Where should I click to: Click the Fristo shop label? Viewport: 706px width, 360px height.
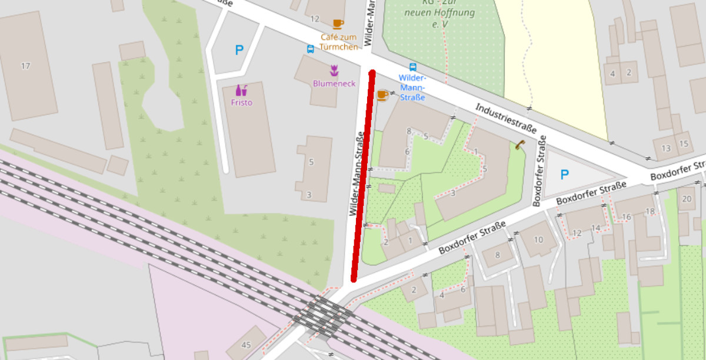242,102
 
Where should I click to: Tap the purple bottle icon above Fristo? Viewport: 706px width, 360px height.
241,90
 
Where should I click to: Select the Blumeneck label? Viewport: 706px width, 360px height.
334,84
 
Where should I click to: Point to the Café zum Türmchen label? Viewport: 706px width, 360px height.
339,41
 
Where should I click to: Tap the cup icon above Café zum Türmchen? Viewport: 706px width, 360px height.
338,24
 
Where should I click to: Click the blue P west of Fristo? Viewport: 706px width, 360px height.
239,51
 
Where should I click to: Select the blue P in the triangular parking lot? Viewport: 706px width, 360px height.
564,175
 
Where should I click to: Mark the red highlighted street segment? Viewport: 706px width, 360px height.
363,176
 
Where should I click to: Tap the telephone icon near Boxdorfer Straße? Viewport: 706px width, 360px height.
519,145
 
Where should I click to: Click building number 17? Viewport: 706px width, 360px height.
25,66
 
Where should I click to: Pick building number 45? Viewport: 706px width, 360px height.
245,345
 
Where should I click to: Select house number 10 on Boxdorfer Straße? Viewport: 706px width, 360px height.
538,239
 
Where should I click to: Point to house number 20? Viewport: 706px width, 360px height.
687,199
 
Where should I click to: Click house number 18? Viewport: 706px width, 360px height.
650,211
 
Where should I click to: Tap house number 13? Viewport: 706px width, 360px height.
666,148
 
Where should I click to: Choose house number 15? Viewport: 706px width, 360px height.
683,144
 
